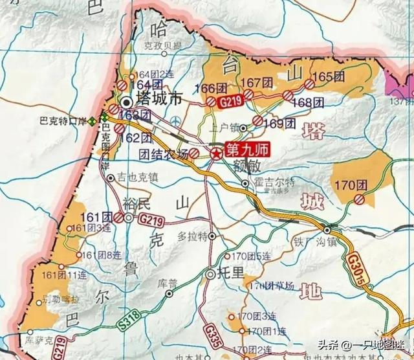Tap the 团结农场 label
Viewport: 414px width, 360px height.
(x=164, y=153)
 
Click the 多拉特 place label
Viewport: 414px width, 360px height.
(x=193, y=235)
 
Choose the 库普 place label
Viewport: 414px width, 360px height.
(x=168, y=283)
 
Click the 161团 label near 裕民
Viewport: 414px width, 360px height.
(x=98, y=216)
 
